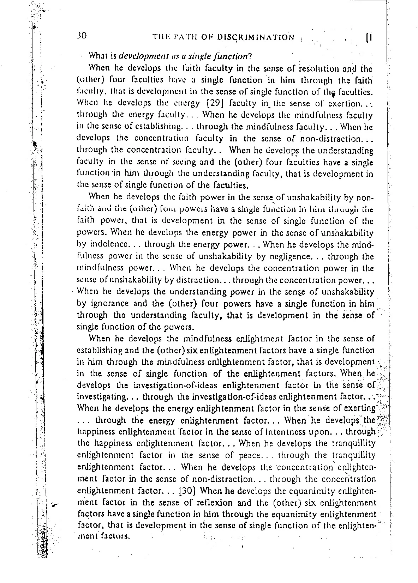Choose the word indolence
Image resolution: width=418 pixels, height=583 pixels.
pos(107,244)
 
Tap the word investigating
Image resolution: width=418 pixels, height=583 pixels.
pos(100,397)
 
